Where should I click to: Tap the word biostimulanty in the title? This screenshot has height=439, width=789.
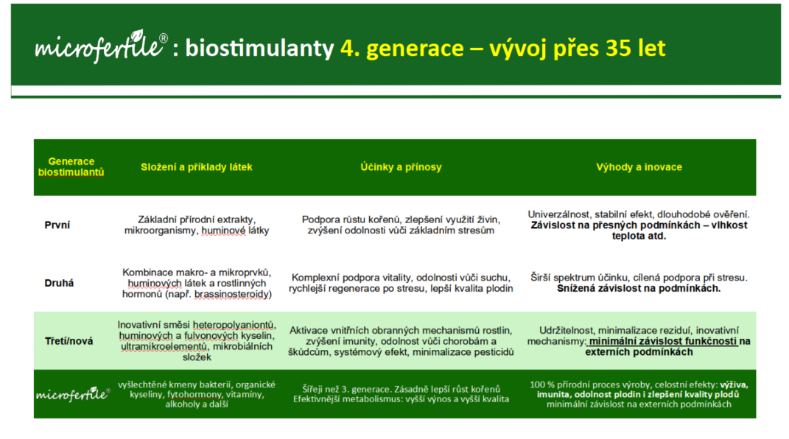[259, 49]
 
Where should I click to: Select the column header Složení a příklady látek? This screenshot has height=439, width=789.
[196, 167]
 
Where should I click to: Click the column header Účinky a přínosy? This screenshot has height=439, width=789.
[401, 167]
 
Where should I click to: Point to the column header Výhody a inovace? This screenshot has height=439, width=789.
[639, 167]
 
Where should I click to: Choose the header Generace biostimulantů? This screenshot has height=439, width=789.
[71, 167]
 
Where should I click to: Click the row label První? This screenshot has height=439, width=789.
[57, 225]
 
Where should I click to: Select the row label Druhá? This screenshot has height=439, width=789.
[59, 283]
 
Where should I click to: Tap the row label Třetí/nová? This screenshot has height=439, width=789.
[69, 341]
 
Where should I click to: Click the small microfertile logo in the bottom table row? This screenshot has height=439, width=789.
[73, 394]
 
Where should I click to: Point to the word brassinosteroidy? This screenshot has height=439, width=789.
[233, 294]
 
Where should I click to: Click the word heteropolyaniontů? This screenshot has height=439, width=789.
[234, 326]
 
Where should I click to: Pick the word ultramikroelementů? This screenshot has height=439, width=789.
[164, 346]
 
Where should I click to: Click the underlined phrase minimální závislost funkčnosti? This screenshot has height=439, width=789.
[663, 342]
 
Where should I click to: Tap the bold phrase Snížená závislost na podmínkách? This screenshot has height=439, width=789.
[639, 289]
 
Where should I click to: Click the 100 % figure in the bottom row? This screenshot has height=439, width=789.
[545, 384]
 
